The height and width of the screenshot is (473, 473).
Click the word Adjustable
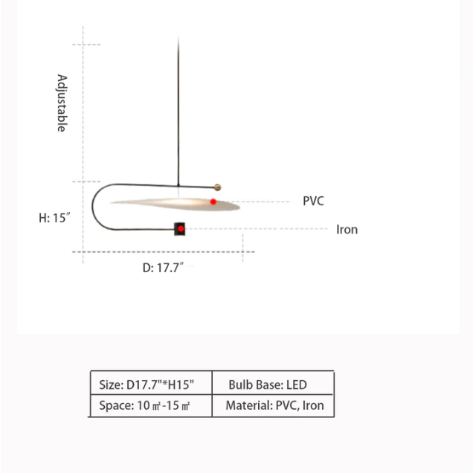point(62,103)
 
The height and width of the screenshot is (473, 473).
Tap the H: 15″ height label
point(54,218)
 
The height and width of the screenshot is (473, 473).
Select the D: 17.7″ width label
point(163,268)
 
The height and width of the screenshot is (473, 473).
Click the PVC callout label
point(313,201)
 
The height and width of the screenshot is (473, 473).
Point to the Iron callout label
point(347,230)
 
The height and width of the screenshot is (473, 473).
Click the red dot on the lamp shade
point(213,202)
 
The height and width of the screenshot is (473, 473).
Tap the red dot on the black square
point(181,229)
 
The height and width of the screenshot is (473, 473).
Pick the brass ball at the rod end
point(217,187)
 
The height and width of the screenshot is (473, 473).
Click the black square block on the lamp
point(179,229)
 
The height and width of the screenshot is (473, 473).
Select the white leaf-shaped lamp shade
point(175,204)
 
